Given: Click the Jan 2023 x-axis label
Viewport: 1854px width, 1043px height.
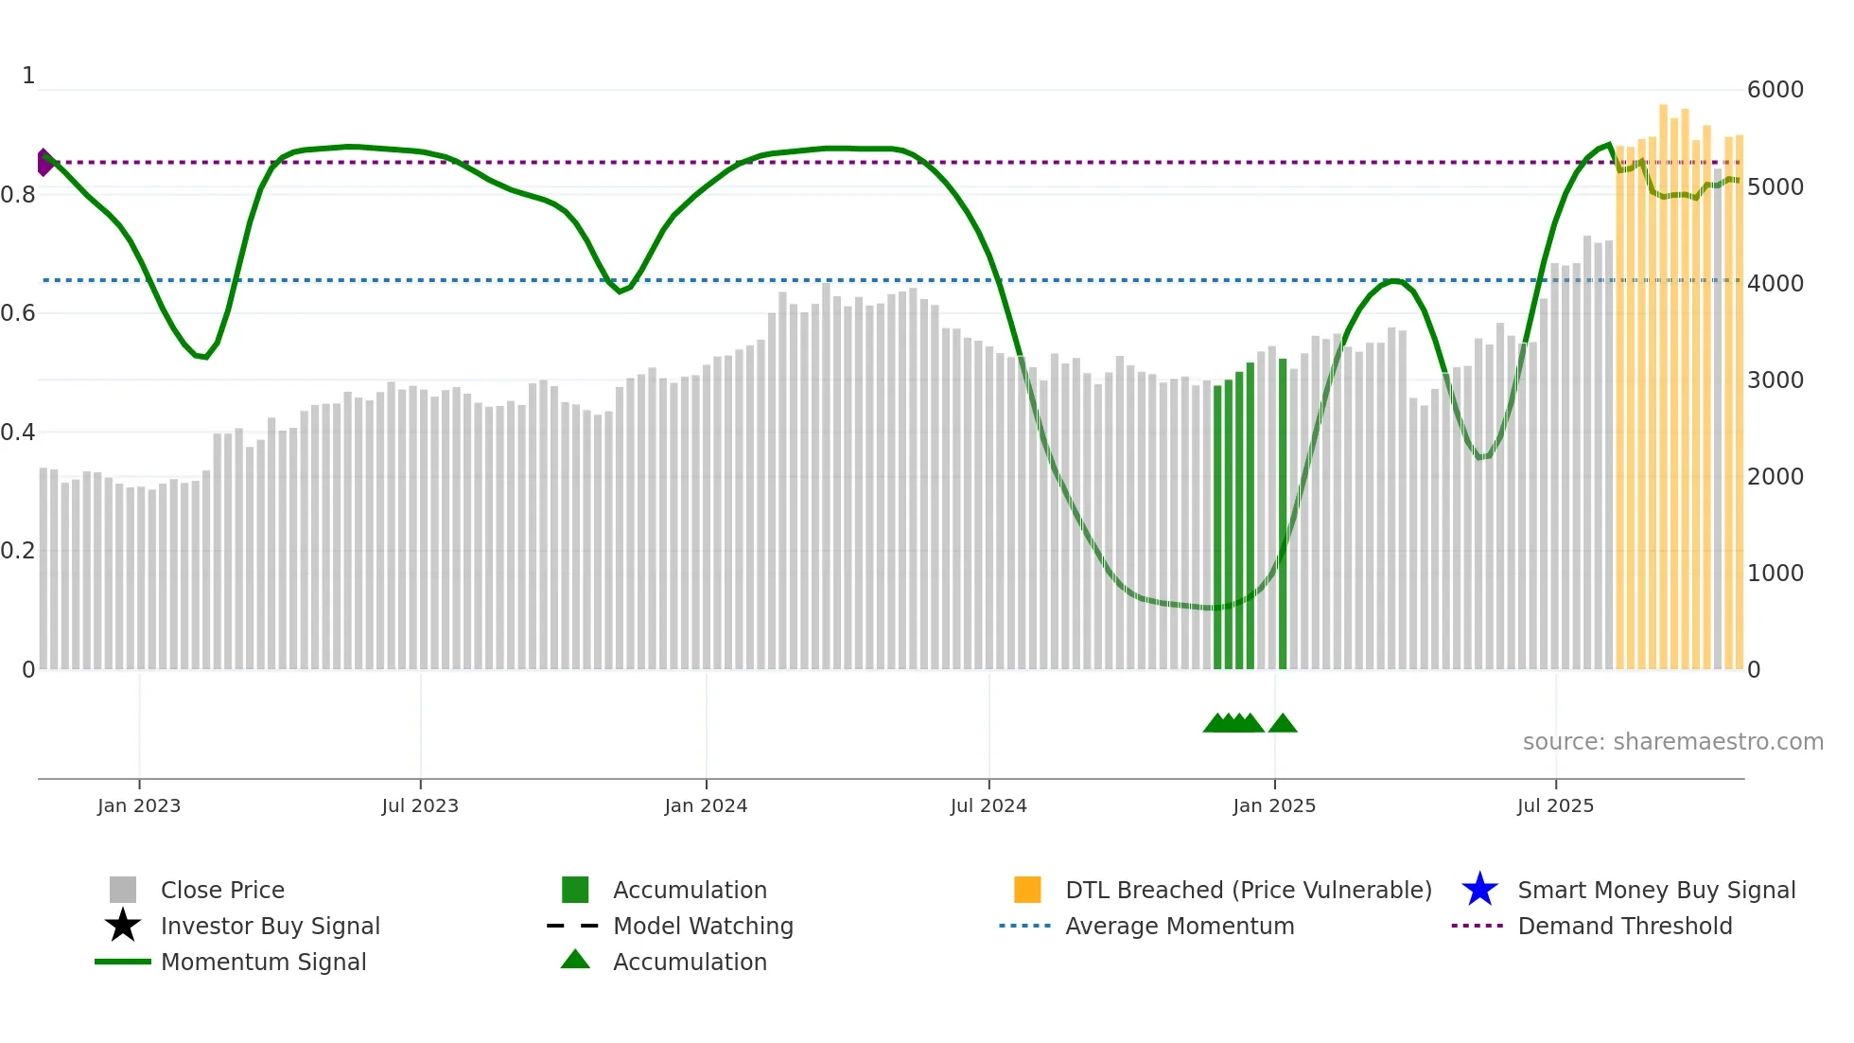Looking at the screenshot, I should [139, 805].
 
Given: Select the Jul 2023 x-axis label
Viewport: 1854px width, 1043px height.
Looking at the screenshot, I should [420, 805].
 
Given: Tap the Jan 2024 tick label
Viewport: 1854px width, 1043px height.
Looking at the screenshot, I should [706, 805].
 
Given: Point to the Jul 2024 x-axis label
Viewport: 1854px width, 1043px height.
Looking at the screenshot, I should [988, 805].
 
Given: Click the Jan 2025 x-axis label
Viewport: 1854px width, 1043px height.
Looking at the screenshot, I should [1274, 805].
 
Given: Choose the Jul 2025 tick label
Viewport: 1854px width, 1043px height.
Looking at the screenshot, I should [1555, 805].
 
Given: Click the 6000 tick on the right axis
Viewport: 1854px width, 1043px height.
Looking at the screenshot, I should [1775, 90].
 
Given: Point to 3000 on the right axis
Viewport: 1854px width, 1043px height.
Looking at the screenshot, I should [1775, 380].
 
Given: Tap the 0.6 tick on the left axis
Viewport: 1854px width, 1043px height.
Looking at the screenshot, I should [18, 313].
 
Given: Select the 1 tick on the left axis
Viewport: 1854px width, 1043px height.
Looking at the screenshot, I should [28, 76].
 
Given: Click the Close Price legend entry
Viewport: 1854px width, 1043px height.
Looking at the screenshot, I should [222, 890].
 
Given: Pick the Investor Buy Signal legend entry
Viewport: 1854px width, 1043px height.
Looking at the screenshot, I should [270, 926].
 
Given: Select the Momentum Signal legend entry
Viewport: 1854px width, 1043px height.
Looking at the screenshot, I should [263, 962].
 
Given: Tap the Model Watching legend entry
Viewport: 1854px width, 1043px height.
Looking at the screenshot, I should [703, 926].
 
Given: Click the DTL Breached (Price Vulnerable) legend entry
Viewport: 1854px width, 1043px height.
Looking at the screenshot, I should [1248, 890].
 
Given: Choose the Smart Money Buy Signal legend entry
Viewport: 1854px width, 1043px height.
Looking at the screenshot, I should [1656, 890].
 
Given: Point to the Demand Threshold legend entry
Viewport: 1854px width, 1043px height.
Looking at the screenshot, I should [1624, 926].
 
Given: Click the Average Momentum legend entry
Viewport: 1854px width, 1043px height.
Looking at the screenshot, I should [1180, 926].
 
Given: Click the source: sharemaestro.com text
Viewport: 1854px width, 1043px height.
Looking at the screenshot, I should [1672, 741].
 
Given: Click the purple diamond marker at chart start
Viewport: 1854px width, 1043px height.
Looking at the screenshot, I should [44, 163].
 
